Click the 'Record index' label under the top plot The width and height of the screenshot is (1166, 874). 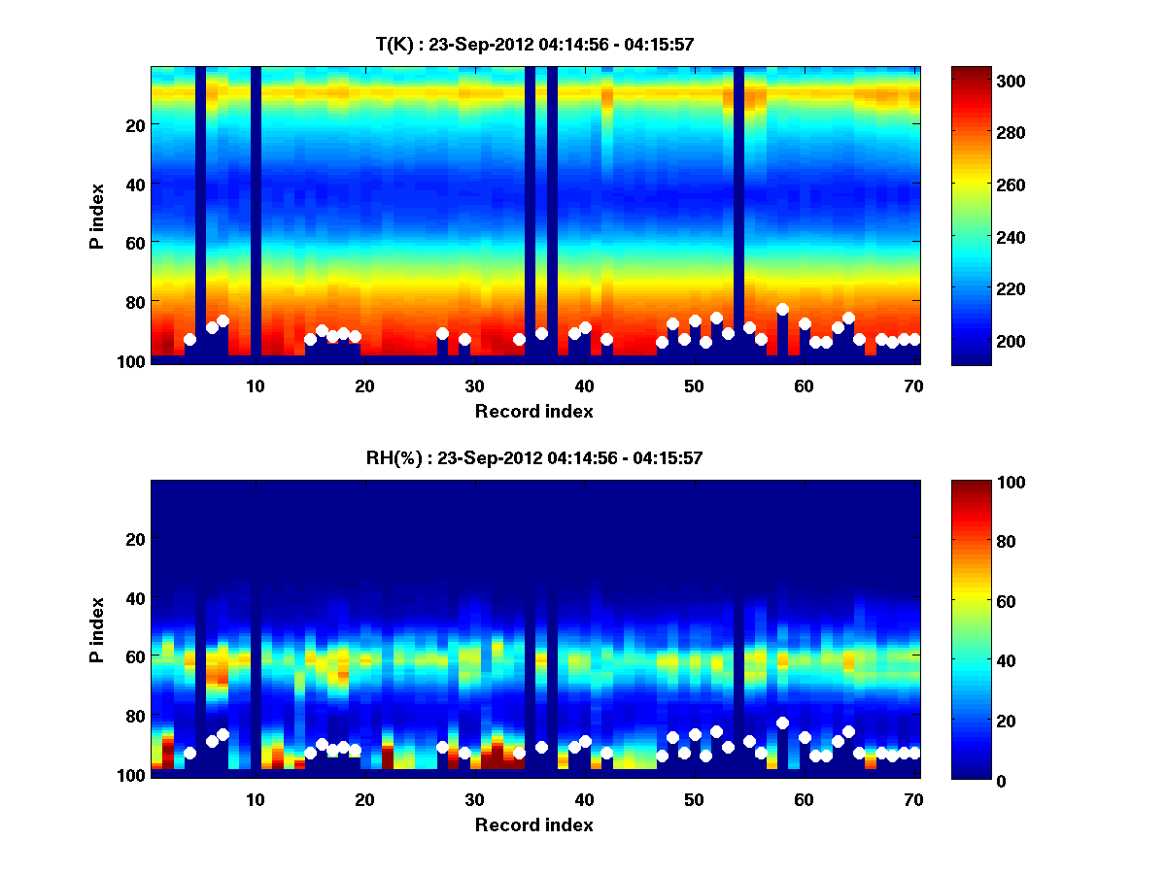pos(533,411)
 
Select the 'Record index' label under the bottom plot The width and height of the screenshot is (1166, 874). pos(533,824)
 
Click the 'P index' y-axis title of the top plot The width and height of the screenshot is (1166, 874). pos(97,217)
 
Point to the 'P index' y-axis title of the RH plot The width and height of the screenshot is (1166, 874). pos(97,630)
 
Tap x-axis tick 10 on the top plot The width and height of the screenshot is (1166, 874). pos(255,386)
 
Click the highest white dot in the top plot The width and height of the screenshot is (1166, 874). pos(782,309)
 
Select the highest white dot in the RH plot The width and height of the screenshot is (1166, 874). pos(782,723)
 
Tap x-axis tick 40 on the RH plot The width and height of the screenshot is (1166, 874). pos(584,799)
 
